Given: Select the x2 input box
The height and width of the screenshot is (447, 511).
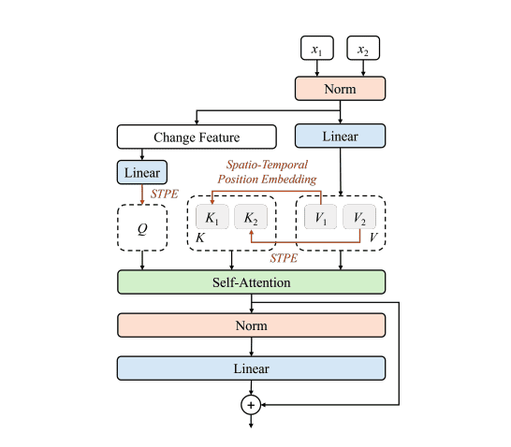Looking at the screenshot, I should coord(363,48).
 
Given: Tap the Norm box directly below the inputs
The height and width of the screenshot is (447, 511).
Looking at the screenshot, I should coord(339,89).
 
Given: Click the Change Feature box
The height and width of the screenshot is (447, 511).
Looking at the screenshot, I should coord(197,137).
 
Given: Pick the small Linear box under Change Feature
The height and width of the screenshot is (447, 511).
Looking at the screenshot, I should coord(141,172).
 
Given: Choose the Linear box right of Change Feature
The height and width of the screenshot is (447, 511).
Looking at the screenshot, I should coord(340,137).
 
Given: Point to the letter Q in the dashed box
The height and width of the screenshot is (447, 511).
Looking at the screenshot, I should coord(142,226).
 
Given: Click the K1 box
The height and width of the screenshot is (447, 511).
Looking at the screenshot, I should coord(212,217).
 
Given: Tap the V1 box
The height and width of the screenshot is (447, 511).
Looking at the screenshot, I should coord(319,217).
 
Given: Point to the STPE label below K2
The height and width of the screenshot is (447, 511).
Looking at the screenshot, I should coord(283,257).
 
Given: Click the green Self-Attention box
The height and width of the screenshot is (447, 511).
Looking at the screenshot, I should coord(252,281).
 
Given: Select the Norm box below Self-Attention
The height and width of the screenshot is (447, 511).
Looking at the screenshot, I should coord(252,325).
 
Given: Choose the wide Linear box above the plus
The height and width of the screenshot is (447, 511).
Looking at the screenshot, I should coord(252,368).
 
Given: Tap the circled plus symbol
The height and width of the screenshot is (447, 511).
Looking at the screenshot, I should coord(251,404).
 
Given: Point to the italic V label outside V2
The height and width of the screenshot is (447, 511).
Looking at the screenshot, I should coord(374,238).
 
